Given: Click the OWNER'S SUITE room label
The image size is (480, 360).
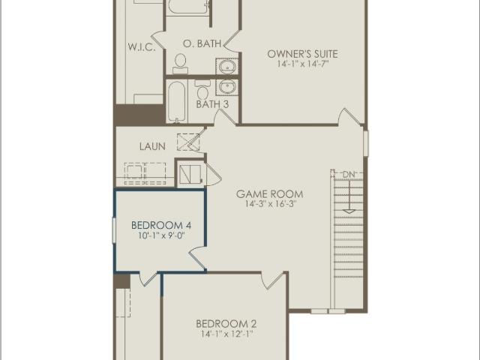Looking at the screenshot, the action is click(303, 54).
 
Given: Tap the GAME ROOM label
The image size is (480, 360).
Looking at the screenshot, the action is click(270, 193).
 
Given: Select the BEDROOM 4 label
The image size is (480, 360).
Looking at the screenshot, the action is click(161, 225).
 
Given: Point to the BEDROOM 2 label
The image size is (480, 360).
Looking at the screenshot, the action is click(226, 323).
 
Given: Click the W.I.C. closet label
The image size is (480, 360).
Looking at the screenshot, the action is click(142, 47).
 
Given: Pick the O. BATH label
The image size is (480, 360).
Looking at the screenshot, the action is click(202, 43).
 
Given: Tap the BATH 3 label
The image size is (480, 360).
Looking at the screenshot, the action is click(212, 104).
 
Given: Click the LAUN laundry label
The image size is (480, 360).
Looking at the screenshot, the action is click(152, 146).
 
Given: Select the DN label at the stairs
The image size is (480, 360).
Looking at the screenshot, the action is click(349, 175).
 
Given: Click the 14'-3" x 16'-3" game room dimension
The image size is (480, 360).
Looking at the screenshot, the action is click(270, 204).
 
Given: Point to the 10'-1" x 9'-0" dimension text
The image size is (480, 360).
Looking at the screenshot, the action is click(161, 235).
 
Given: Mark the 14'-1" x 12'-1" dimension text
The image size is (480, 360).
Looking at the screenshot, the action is click(226, 334).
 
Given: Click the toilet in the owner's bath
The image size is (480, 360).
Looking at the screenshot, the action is click(180, 63).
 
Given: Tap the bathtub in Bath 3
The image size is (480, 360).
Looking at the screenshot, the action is click(177, 102).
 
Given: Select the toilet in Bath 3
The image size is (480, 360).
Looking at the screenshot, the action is click(202, 89).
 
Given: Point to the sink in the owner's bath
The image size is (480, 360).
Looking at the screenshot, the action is click(226, 67).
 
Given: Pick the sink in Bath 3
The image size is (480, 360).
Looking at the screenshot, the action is click(226, 87).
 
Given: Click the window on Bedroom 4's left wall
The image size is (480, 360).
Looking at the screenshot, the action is click(114, 230).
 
